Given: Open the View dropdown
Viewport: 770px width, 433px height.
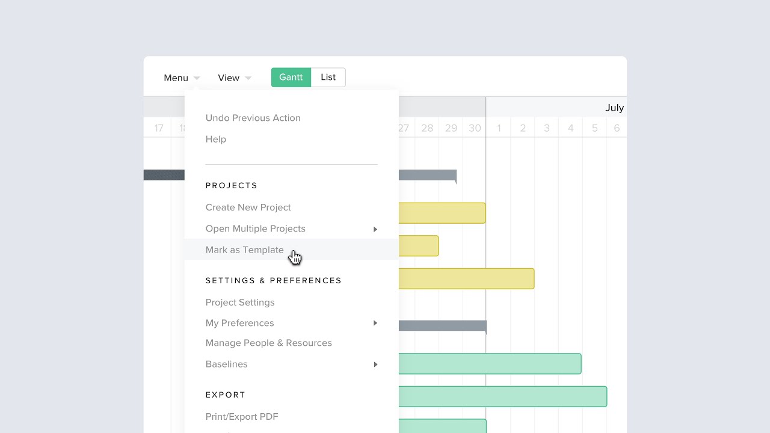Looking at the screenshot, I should [x=234, y=78].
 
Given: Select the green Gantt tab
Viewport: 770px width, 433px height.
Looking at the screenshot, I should [x=291, y=77].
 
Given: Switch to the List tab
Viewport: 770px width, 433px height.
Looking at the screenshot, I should [x=328, y=77].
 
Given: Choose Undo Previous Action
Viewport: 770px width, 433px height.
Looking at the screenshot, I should [x=253, y=118].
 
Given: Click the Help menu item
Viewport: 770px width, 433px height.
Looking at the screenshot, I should [x=216, y=139].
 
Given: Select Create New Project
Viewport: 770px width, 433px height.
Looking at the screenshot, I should [x=248, y=207].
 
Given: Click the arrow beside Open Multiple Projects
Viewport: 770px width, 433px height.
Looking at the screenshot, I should [x=375, y=229].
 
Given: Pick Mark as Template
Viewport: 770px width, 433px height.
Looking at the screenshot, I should [x=244, y=250].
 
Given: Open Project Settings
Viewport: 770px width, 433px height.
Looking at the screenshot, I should [x=239, y=302].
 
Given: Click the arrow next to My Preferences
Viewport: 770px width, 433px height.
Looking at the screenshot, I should [x=375, y=323].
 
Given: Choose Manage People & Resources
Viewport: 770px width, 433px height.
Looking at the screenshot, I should [x=268, y=343].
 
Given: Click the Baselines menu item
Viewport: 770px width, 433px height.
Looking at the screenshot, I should [x=226, y=364].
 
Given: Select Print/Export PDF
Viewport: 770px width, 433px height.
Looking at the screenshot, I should [x=242, y=417].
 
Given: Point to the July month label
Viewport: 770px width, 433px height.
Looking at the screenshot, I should [x=614, y=108].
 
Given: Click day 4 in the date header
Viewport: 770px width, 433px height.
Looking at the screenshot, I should [x=571, y=128].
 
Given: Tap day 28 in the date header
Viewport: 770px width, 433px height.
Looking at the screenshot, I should [x=427, y=128].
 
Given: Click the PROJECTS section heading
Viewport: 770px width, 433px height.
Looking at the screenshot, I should [x=232, y=186].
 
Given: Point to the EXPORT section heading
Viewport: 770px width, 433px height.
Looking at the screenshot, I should [x=226, y=395].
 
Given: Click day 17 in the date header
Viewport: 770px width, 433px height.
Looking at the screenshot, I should [x=159, y=128].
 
